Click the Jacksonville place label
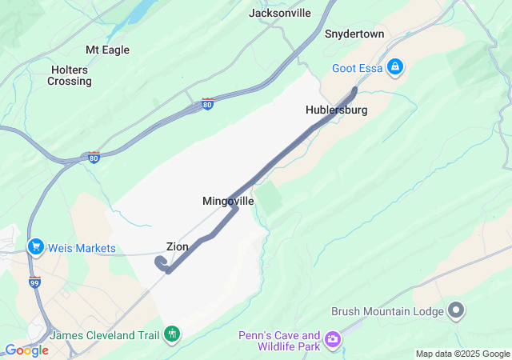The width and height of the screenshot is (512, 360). [279, 13]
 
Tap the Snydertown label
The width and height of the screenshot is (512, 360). [354, 34]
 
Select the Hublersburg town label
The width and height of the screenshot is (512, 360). [336, 110]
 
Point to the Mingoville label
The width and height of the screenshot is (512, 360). [228, 202]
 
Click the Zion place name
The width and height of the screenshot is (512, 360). [178, 246]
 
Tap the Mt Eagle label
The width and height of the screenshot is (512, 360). [107, 49]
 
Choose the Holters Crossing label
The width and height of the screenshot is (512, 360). [69, 75]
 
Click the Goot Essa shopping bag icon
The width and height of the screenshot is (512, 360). [394, 67]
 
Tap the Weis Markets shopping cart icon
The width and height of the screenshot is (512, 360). [35, 248]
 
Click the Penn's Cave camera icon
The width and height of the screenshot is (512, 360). [332, 342]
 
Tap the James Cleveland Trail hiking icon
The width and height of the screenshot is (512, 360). [171, 333]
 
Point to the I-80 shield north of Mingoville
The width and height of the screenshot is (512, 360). [207, 104]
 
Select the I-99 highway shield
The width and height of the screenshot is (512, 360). [34, 283]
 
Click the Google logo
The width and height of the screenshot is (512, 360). [27, 350]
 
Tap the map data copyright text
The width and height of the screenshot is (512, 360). [462, 354]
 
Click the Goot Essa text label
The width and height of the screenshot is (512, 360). [356, 68]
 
